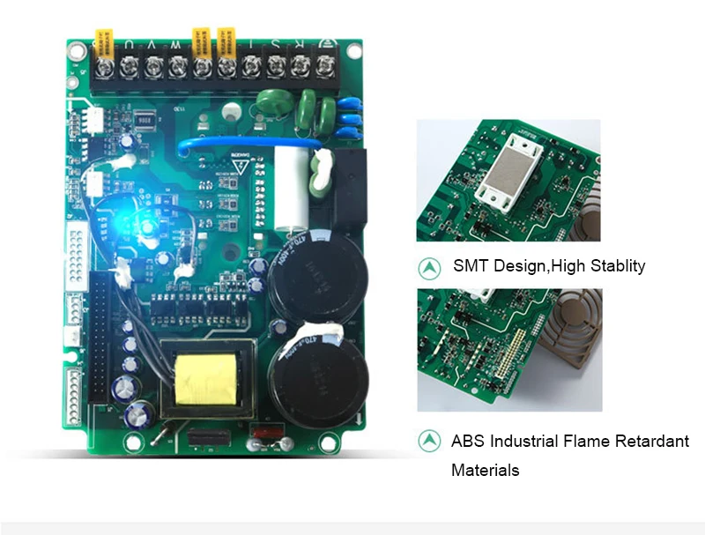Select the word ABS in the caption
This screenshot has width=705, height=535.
pos(467,441)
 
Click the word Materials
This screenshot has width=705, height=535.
pos(485,470)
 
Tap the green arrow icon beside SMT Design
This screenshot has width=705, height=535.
pos(429,265)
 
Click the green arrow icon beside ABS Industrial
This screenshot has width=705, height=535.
pos(429,440)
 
